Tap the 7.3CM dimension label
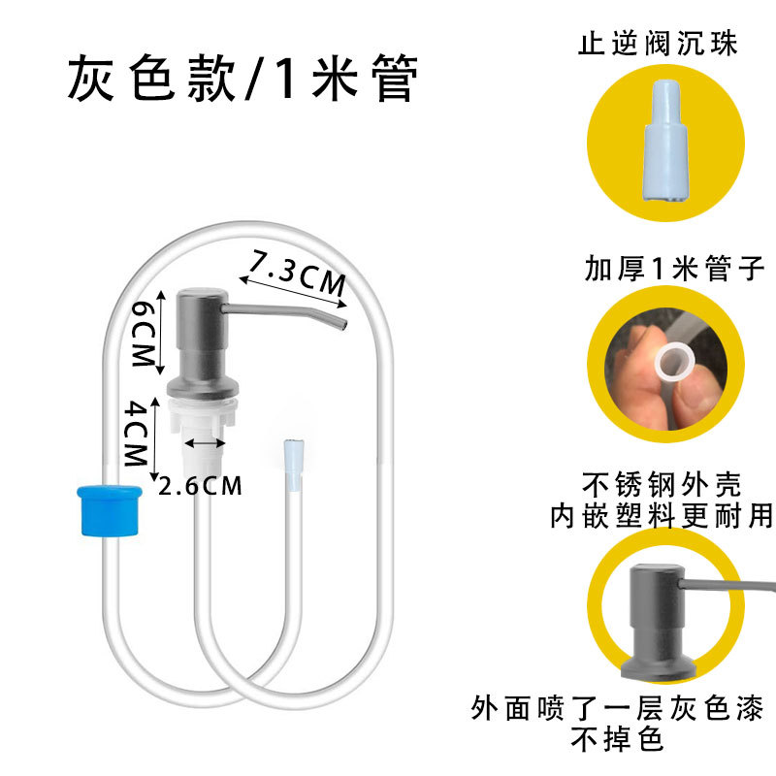click(x=297, y=275)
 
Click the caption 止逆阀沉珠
click(x=671, y=45)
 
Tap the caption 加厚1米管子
click(x=676, y=268)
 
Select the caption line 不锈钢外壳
click(x=675, y=484)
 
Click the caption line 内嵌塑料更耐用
click(x=675, y=515)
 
